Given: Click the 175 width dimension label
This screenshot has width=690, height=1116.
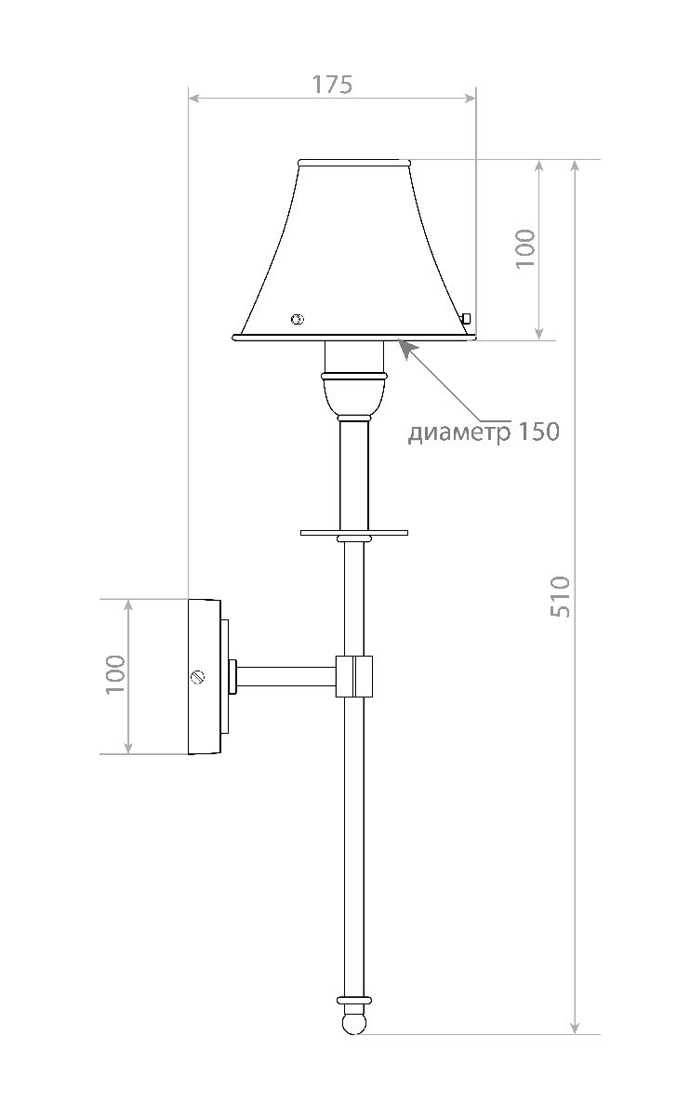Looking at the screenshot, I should coord(332,84).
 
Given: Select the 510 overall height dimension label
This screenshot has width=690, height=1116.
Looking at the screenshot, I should coord(560,596).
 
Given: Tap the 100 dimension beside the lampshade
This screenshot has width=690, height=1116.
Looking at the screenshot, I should coord(526,248).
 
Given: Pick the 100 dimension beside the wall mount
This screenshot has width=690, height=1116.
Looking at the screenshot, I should coord(114,675).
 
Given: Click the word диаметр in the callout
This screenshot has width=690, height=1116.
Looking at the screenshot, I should coord(459,432).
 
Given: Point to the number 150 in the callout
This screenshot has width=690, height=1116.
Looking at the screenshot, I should coord(540,432).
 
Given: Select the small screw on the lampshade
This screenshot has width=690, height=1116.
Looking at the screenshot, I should coord(298,320).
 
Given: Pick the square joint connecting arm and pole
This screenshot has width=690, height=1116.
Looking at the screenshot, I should coord(353,676).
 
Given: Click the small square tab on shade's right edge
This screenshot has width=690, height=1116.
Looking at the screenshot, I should coord(468,318).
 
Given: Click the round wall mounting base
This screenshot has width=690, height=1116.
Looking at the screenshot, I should coord(205,676).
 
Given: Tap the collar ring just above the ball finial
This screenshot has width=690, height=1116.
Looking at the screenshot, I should coord(353,1001).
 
